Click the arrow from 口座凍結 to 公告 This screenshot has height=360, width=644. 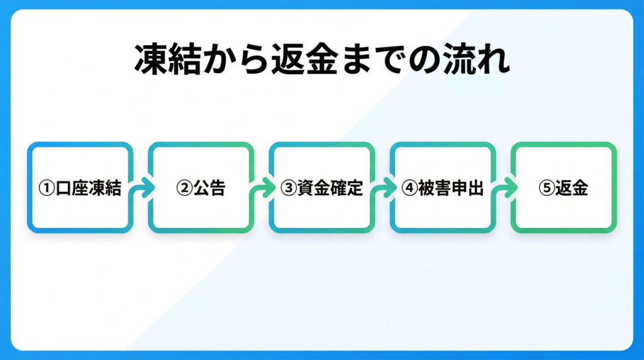click(141, 188)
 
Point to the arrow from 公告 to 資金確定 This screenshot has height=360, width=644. click(262, 188)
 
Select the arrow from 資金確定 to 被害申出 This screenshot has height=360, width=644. click(382, 188)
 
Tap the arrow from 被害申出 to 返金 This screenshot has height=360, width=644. click(503, 188)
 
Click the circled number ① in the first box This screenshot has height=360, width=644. click(47, 188)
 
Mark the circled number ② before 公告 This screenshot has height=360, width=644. click(184, 188)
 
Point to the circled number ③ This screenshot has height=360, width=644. click(288, 188)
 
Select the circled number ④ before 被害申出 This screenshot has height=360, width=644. click(409, 188)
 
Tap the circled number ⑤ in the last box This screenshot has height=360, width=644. click(546, 188)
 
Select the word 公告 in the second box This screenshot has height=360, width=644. click(209, 188)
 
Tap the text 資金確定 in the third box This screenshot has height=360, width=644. click(330, 188)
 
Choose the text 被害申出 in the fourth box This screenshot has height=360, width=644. click(451, 188)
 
